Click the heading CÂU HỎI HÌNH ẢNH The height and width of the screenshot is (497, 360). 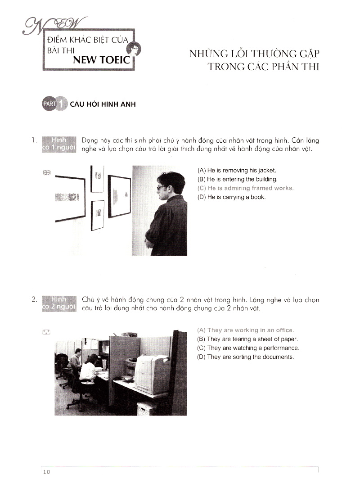(103, 104)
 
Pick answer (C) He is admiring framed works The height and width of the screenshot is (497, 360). (245, 188)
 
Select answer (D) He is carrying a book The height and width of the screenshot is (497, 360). (231, 197)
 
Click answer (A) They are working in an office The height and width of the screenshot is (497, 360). (245, 330)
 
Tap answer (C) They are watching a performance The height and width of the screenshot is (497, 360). (248, 348)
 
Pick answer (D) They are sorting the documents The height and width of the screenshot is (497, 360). (245, 357)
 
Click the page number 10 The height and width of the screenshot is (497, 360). (47, 472)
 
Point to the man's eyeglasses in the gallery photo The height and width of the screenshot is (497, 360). (161, 188)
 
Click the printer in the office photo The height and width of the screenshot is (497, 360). (152, 373)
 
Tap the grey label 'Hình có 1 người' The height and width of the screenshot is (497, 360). (59, 145)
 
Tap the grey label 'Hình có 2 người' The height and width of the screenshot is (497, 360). (59, 303)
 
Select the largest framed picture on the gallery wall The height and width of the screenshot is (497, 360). (70, 197)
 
